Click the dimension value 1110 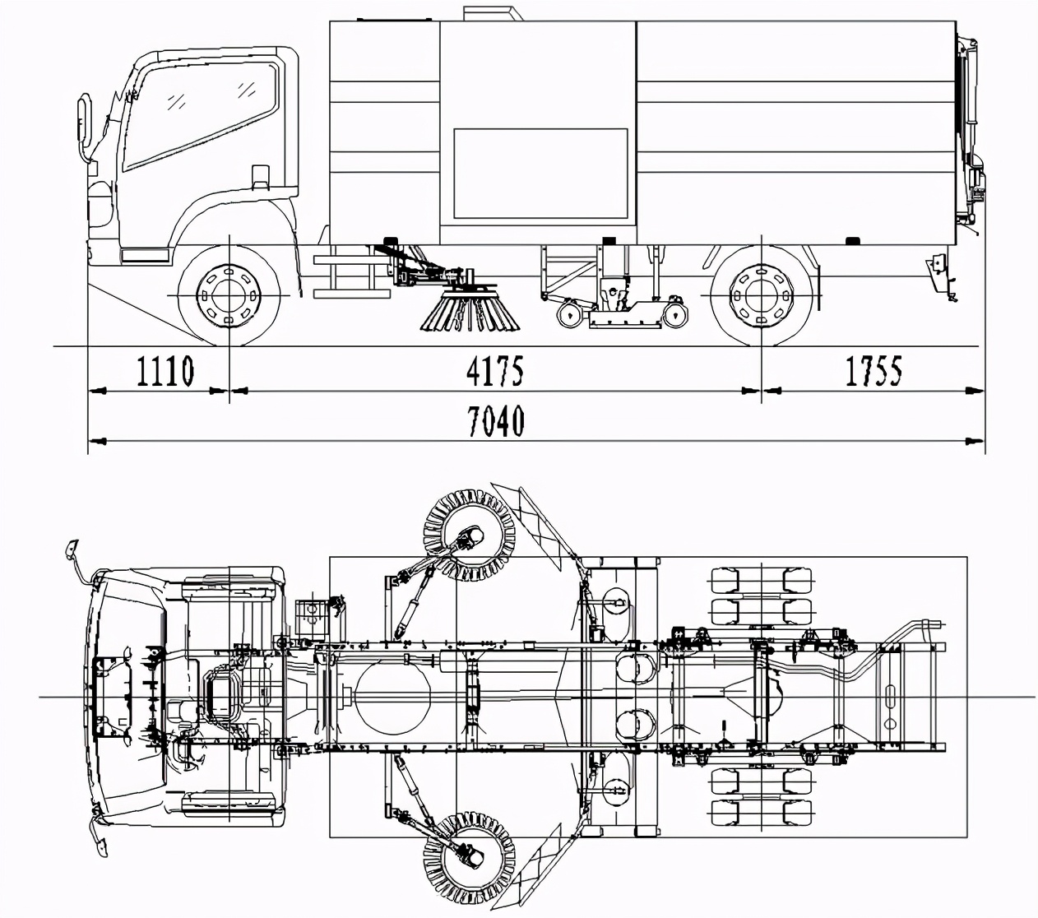point(165,371)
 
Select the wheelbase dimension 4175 point(494,371)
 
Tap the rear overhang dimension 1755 point(873,371)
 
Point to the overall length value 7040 point(495,422)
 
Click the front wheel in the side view point(229,294)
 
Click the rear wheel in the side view point(761,294)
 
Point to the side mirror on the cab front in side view point(83,128)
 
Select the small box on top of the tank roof point(494,12)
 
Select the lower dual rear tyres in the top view point(762,798)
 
